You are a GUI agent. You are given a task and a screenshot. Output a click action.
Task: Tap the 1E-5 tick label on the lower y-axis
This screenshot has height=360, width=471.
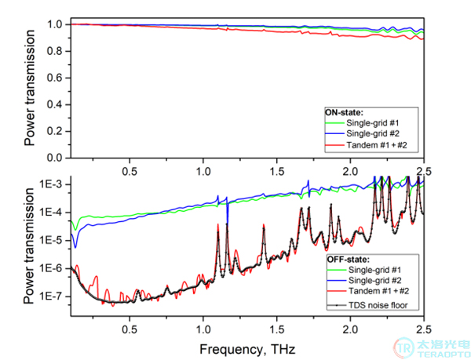tap(52, 241)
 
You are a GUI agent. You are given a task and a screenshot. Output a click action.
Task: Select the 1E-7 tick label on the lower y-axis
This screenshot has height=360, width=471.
tap(52, 296)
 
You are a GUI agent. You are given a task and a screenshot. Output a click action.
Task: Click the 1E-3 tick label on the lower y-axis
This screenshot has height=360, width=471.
tap(52, 184)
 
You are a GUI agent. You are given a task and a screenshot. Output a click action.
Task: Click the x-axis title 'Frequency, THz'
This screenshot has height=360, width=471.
tap(247, 350)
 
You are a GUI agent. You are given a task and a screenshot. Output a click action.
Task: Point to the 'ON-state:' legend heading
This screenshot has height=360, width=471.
tap(345, 112)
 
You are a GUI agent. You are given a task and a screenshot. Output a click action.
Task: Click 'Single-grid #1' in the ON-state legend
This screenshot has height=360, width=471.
tap(372, 123)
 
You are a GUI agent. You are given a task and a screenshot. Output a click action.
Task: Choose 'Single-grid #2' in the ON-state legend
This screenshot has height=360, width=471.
tap(373, 133)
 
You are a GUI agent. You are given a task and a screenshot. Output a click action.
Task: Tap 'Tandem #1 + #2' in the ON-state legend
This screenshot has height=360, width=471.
tap(377, 145)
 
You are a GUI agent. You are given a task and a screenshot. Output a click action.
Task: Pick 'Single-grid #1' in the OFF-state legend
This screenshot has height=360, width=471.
tap(374, 270)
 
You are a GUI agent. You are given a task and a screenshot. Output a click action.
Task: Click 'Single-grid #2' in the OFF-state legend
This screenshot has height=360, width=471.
tap(375, 281)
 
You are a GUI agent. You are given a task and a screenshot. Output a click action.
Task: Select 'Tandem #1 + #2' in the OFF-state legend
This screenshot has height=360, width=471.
tap(379, 291)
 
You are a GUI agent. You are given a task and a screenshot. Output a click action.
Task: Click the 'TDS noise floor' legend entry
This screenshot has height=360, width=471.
tap(378, 305)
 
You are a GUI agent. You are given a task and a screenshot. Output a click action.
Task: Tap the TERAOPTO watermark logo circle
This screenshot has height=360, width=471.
tap(404, 348)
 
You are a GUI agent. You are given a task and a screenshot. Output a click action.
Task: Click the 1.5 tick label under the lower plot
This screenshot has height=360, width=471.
tap(276, 329)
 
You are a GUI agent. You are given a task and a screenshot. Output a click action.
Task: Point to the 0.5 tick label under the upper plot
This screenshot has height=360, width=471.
tap(130, 171)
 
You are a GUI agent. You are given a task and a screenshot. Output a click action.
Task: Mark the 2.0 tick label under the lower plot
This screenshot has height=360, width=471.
tap(350, 329)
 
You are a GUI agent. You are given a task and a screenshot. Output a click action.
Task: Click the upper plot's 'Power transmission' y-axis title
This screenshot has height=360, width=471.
tap(30, 88)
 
